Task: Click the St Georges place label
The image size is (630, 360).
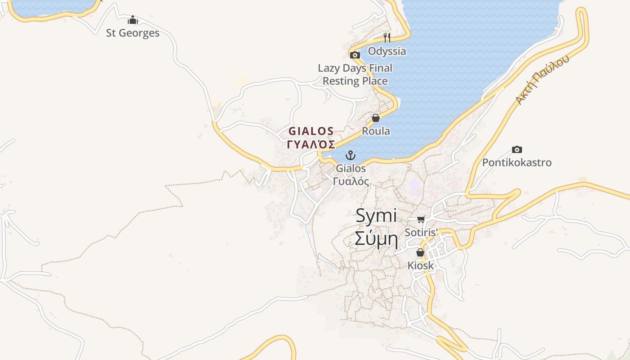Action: [133, 33]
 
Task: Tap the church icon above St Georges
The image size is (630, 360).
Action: [133, 20]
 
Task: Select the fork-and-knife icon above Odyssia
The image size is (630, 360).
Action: [387, 37]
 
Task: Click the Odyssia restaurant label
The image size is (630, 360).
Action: [387, 51]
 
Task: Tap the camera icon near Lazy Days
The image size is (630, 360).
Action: [355, 55]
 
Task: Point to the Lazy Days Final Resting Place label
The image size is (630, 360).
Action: [355, 75]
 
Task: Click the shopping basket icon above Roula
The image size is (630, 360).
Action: [376, 118]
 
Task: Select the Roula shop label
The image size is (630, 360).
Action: [376, 131]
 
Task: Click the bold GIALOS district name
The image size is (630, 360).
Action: [311, 131]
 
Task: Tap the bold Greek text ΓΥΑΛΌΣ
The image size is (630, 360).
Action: [311, 144]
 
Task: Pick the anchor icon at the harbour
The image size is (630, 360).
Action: [351, 156]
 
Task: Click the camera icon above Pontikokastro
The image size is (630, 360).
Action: [517, 149]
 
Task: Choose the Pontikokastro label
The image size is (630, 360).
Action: [517, 162]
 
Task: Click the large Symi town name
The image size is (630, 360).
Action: [376, 216]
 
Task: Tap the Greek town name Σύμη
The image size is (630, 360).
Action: [376, 239]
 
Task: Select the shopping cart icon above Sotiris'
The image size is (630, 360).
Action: [421, 219]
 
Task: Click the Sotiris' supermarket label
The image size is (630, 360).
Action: [421, 233]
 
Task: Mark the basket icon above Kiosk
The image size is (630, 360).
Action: [420, 252]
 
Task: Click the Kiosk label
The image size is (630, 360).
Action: [421, 265]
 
